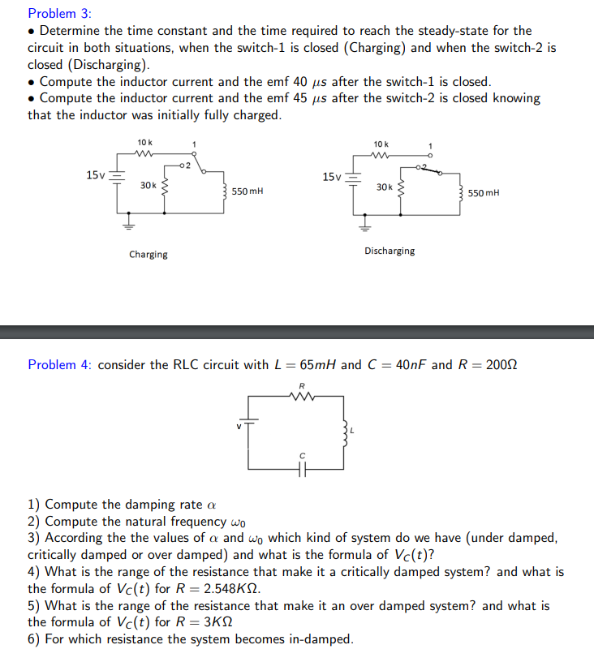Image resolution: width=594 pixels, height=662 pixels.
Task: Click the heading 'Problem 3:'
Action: [59, 14]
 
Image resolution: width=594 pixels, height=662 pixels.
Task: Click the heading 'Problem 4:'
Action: [60, 365]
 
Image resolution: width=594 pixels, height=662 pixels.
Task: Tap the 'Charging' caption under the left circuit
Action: [148, 255]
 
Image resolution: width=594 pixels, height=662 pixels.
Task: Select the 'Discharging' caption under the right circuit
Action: [390, 251]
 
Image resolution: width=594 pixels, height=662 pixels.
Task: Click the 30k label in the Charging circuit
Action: [148, 186]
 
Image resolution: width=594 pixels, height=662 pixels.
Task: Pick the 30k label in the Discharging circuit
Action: [385, 187]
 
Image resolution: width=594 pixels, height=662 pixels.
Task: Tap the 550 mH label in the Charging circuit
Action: [247, 191]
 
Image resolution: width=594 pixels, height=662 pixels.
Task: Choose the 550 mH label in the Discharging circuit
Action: [484, 193]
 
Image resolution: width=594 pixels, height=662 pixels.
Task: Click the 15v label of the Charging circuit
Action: [95, 174]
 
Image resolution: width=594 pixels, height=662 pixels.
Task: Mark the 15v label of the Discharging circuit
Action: [331, 176]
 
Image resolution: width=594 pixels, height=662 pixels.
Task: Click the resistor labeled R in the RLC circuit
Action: [302, 397]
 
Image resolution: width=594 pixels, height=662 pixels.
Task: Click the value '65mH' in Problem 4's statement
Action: [312, 365]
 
